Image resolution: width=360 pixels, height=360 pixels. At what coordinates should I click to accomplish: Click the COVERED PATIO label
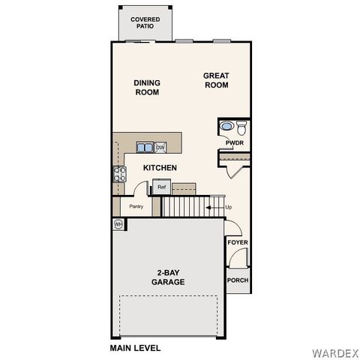click(x=144, y=22)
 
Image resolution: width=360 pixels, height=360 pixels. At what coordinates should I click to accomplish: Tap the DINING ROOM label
click(x=147, y=88)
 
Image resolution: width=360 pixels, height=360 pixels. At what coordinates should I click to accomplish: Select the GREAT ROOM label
click(x=216, y=80)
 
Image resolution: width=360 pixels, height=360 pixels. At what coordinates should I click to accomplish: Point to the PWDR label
click(x=235, y=142)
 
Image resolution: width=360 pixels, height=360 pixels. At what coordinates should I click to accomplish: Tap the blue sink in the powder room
click(x=226, y=126)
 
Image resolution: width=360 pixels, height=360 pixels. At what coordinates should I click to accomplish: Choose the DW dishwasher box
click(x=160, y=147)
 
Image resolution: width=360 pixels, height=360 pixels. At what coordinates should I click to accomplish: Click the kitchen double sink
click(x=144, y=147)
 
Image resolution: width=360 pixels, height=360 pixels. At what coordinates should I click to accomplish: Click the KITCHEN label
click(x=160, y=168)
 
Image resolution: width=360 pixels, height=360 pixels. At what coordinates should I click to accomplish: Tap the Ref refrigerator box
click(x=161, y=187)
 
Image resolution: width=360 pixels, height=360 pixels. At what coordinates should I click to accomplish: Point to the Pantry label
click(x=136, y=206)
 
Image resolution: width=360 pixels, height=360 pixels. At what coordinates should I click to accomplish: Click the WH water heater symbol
click(x=118, y=223)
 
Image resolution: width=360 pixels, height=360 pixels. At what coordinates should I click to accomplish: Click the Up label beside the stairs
click(x=228, y=207)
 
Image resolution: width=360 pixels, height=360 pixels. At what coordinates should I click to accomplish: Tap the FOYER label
click(x=238, y=242)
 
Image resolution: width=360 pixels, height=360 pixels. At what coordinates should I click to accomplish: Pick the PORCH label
click(x=238, y=280)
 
